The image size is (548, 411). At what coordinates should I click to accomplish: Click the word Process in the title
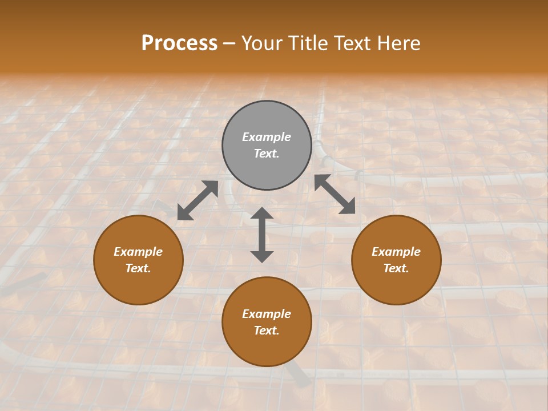click(179, 43)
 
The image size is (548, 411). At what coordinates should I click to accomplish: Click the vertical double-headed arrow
click(262, 235)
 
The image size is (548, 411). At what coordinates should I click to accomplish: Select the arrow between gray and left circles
click(198, 200)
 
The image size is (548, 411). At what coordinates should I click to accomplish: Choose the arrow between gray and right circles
click(335, 194)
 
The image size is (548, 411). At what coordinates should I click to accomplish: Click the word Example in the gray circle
click(267, 137)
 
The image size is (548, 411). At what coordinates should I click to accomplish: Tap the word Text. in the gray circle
click(267, 154)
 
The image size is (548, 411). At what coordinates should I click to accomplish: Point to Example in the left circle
click(138, 252)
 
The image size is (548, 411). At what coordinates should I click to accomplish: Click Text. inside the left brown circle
click(138, 268)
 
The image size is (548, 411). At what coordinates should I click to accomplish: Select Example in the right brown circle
click(396, 252)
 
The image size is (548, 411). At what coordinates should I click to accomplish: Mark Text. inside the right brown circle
click(396, 268)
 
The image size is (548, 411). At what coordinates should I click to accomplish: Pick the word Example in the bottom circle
click(267, 314)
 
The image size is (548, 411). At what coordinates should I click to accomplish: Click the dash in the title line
click(229, 43)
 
